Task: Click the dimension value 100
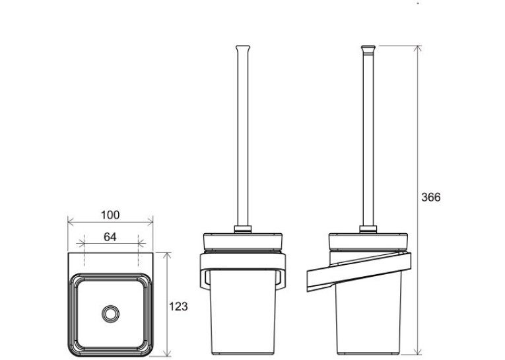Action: [x=110, y=215]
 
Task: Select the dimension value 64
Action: [x=110, y=237]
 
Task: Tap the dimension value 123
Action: [x=178, y=306]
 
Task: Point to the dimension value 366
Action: [x=431, y=197]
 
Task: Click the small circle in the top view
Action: [x=110, y=314]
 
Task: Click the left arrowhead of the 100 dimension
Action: [x=71, y=222]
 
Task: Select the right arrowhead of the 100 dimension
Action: [x=149, y=222]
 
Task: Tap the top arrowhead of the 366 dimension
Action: [x=418, y=49]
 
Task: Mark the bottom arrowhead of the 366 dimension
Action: [x=418, y=351]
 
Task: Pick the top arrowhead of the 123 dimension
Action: [x=167, y=256]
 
